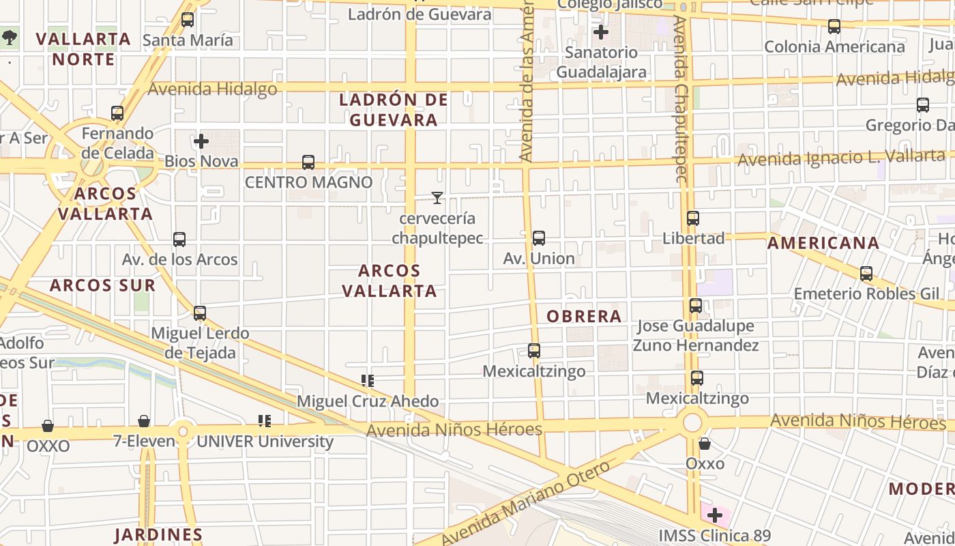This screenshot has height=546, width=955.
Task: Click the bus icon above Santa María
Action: click(x=188, y=20)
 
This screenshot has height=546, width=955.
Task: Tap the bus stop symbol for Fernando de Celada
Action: click(x=117, y=113)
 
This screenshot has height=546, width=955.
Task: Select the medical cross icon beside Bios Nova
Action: click(x=201, y=141)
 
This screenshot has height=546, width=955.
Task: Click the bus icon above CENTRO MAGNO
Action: click(x=308, y=162)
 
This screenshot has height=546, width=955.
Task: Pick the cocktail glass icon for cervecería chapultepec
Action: click(x=437, y=198)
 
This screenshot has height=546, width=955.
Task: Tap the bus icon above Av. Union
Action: click(x=539, y=238)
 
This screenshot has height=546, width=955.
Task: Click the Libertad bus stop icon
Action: click(x=693, y=218)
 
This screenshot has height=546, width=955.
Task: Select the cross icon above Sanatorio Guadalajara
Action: click(x=601, y=32)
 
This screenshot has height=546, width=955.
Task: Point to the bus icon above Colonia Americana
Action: click(x=834, y=27)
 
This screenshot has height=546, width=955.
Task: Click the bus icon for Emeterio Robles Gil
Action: click(x=866, y=274)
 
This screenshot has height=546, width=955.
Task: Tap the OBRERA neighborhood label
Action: click(x=584, y=316)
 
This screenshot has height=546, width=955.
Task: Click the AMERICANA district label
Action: click(x=823, y=243)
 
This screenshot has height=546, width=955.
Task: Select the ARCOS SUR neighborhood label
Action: click(x=102, y=285)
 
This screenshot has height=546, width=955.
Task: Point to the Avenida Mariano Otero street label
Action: click(x=525, y=504)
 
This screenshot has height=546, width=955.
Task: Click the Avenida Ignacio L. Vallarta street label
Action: click(x=842, y=158)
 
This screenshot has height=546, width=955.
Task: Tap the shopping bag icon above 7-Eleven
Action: click(x=144, y=421)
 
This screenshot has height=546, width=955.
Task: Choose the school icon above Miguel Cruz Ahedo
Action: click(x=368, y=380)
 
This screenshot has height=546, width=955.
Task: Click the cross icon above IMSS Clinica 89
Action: click(x=715, y=515)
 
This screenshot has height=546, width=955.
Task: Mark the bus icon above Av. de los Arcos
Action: click(x=179, y=240)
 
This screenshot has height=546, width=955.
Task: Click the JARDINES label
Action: click(x=158, y=534)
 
